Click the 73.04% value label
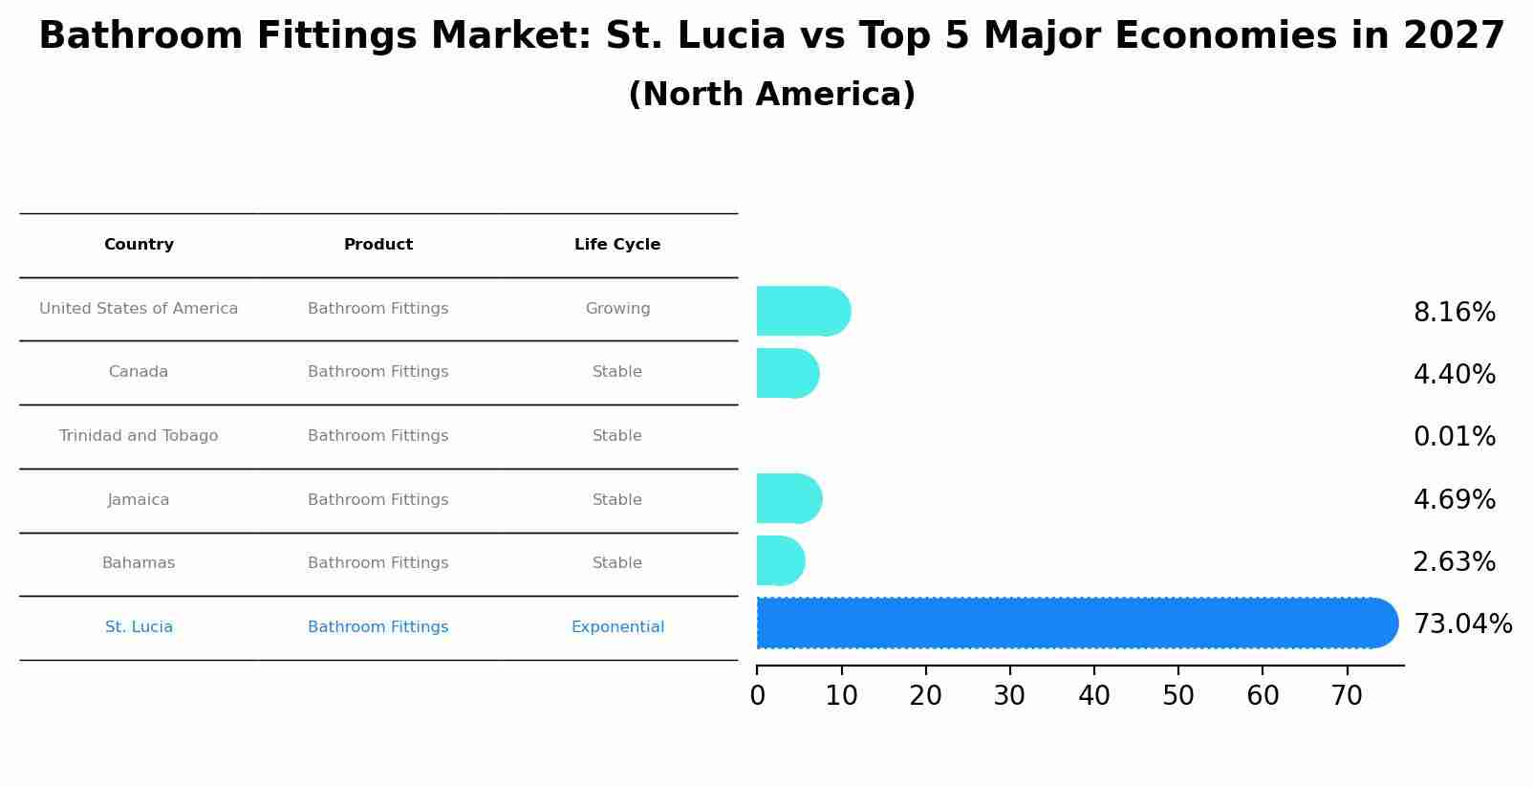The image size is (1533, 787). click(1462, 624)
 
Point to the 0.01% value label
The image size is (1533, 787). click(1454, 437)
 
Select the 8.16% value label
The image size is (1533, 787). click(1454, 313)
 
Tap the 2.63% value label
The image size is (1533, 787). click(1454, 562)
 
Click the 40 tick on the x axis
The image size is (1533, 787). click(1094, 696)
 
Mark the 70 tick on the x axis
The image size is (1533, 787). click(1347, 696)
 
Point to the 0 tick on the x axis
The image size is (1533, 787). click(757, 696)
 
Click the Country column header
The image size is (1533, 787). click(139, 245)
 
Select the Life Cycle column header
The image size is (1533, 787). click(617, 245)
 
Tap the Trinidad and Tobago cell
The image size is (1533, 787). click(139, 436)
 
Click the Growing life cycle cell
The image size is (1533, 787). click(617, 309)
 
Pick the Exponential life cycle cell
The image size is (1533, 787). click(617, 627)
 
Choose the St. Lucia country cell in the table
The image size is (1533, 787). click(139, 627)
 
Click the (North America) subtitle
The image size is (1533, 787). click(771, 95)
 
